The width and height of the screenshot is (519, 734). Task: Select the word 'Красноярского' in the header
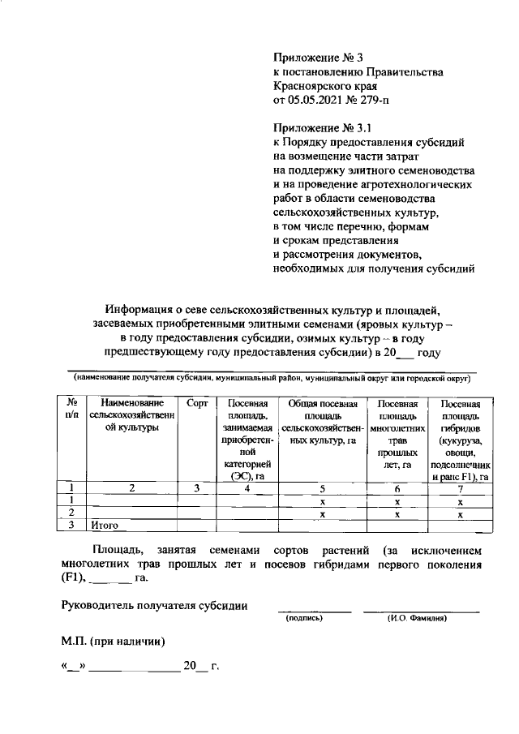tap(312, 87)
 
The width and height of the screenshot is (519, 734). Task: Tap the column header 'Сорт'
tap(197, 403)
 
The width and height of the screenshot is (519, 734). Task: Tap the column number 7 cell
tap(459, 488)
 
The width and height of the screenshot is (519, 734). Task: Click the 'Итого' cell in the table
tap(105, 526)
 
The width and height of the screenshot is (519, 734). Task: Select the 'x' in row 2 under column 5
tap(323, 513)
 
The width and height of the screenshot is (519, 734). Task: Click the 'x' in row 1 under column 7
tap(459, 501)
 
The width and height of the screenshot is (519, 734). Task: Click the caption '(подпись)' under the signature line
tap(305, 619)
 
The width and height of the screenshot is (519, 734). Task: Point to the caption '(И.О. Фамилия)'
tap(419, 619)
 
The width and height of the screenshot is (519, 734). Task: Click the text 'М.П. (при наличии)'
tap(114, 642)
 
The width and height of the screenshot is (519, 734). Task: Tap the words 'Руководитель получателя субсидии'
tap(155, 604)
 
